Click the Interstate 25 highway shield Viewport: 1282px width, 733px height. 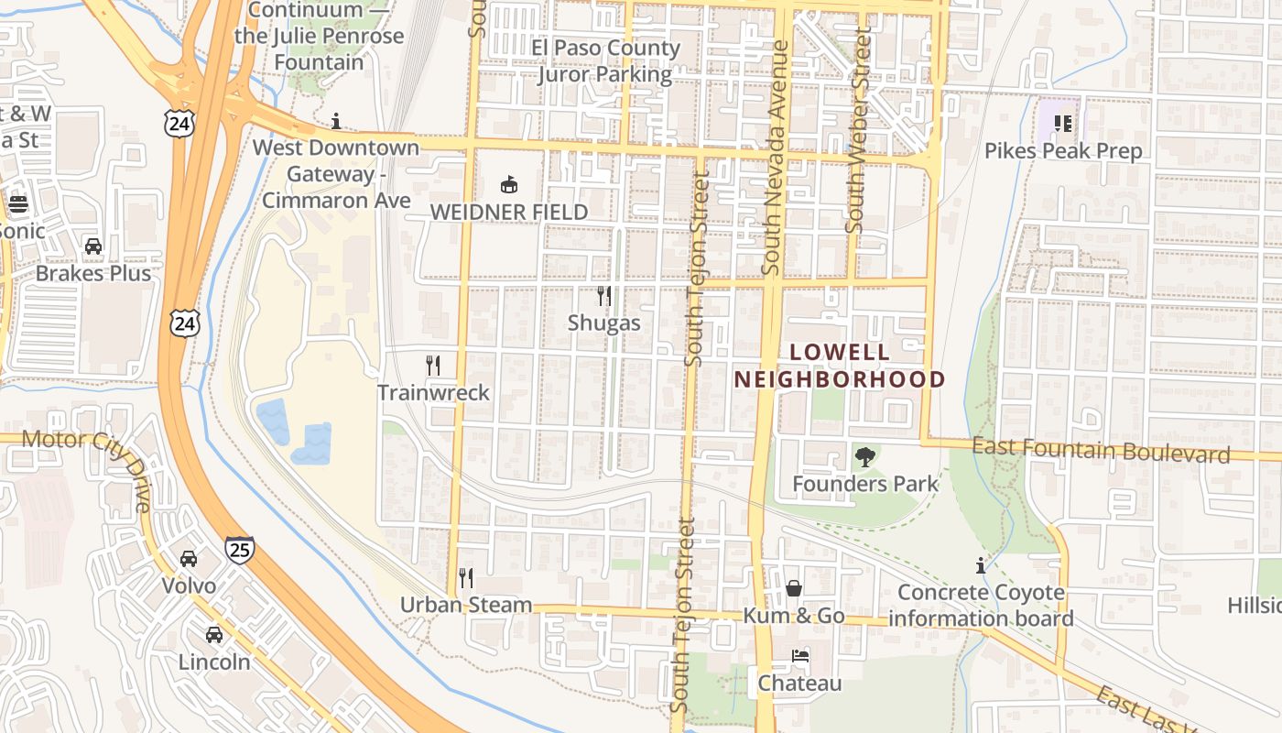pos(239,550)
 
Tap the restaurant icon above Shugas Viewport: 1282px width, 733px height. pos(603,295)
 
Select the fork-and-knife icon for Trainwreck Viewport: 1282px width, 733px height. pos(433,366)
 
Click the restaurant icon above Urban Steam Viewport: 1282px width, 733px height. pos(466,578)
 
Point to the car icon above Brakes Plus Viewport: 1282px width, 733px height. pos(93,246)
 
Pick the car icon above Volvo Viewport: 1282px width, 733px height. pos(189,558)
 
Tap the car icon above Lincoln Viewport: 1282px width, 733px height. pos(213,634)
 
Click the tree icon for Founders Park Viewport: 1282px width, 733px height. pos(864,456)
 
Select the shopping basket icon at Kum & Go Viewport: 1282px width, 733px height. pos(793,588)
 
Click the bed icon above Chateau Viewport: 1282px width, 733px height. pos(799,656)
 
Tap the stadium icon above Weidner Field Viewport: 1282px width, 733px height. pos(509,185)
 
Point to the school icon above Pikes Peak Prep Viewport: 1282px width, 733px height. pos(1063,123)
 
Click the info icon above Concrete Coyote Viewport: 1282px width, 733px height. pos(981,565)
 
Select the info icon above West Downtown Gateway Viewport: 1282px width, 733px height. pos(336,121)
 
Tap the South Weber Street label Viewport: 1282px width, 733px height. pos(858,128)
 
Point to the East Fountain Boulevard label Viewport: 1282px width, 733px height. pos(1101,451)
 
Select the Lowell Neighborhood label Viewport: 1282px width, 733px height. pos(840,366)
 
